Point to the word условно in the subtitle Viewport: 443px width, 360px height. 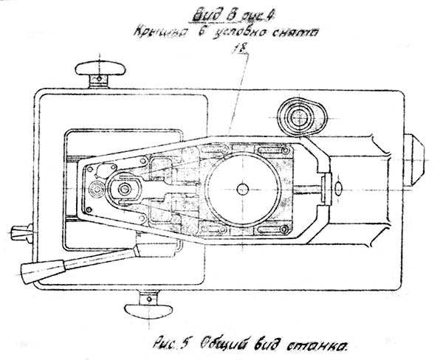[x=239, y=32]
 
